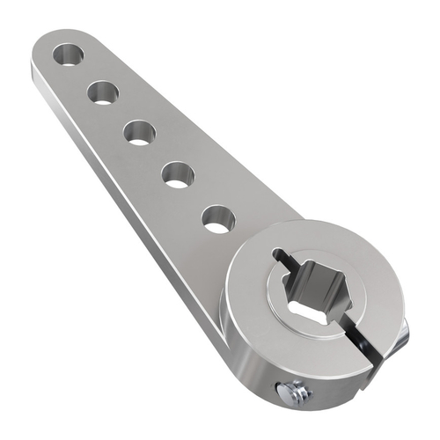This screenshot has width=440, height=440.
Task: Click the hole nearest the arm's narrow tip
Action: tap(68, 55)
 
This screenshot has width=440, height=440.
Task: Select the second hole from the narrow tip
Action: tap(104, 92)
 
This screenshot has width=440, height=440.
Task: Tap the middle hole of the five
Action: tap(140, 133)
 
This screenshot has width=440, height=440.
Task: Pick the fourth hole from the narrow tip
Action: tap(178, 173)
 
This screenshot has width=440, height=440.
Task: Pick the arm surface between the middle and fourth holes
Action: tap(159, 153)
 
